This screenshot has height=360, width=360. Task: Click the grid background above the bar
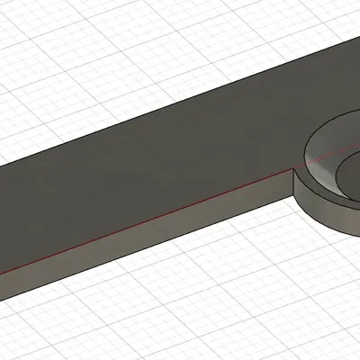90,54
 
